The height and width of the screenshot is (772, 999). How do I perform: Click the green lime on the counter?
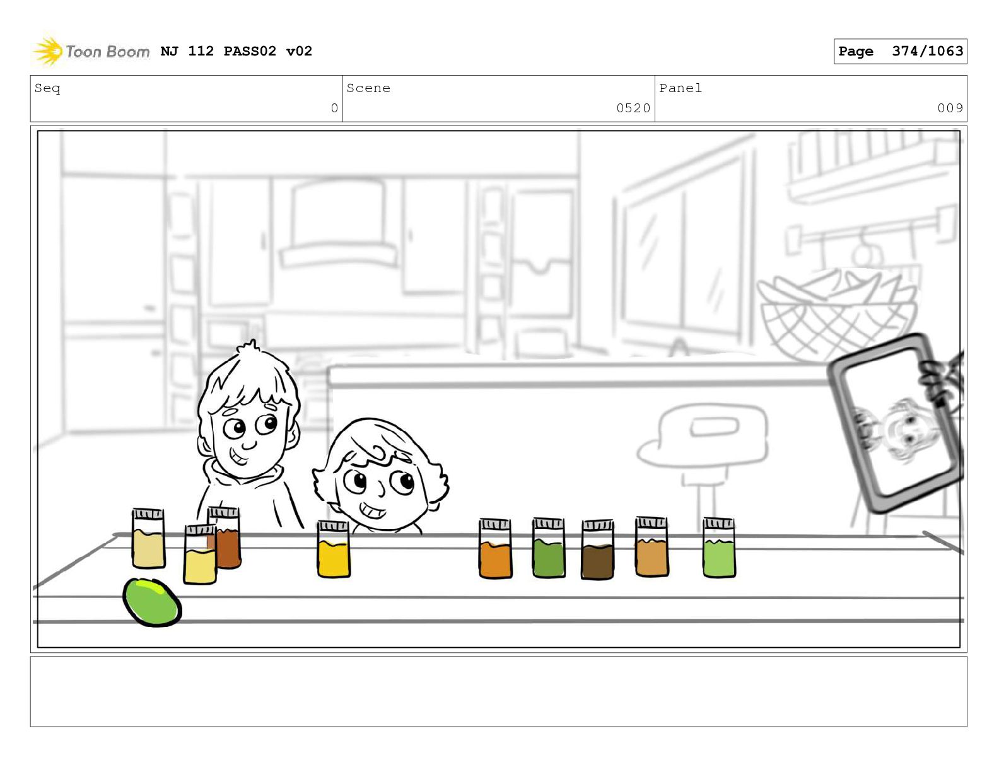tap(152, 602)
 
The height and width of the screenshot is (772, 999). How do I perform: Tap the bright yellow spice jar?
tap(333, 549)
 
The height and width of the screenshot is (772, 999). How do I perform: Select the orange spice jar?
tap(495, 548)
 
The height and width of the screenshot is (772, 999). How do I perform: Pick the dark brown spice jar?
tap(597, 549)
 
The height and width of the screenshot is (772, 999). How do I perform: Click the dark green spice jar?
tap(549, 547)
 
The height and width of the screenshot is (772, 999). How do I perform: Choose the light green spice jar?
tap(719, 547)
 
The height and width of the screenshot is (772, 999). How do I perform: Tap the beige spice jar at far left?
tap(148, 538)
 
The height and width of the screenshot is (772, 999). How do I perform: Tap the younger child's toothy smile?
tap(372, 510)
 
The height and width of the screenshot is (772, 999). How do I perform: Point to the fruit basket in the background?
tap(837, 313)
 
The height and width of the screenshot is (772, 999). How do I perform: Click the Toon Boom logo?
tap(91, 50)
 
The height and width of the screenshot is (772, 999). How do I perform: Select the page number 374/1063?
tap(927, 50)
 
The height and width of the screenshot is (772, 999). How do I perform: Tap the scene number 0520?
tap(633, 108)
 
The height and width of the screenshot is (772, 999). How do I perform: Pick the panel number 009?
tap(950, 108)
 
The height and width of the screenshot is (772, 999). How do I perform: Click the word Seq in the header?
tap(47, 88)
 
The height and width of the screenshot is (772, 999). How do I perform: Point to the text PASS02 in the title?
tap(250, 50)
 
